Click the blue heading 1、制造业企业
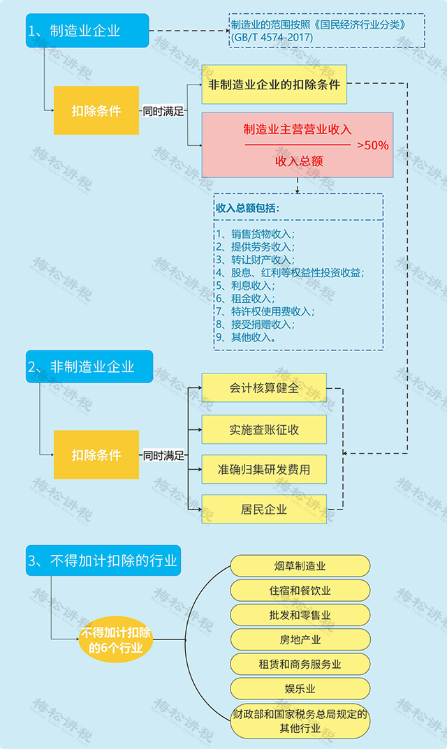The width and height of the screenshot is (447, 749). point(87,31)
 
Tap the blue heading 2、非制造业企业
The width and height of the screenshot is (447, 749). point(89,366)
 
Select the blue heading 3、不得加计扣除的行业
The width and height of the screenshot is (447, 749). point(103,561)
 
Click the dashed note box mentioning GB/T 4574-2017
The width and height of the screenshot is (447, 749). point(327,31)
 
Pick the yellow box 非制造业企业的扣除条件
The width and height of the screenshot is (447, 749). point(274,84)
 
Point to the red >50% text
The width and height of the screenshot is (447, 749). point(373,145)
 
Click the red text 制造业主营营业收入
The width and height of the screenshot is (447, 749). point(298,129)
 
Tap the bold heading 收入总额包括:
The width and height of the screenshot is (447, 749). point(248,208)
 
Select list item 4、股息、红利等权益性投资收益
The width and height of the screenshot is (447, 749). point(290,273)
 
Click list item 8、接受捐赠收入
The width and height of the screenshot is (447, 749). point(256,325)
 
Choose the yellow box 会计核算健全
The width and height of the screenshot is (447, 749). point(264,387)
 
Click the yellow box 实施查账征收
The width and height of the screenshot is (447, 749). point(264,429)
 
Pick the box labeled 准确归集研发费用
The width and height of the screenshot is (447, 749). point(264,469)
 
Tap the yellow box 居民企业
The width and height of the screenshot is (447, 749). point(264,509)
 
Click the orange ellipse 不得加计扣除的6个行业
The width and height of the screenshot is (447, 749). point(116,640)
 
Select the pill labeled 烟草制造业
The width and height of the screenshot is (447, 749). point(300,566)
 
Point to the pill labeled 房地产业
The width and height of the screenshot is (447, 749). point(300,639)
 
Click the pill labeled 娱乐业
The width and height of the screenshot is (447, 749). point(300,689)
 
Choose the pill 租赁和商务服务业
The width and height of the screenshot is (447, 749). point(300,664)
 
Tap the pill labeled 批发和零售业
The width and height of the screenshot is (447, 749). point(300,615)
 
